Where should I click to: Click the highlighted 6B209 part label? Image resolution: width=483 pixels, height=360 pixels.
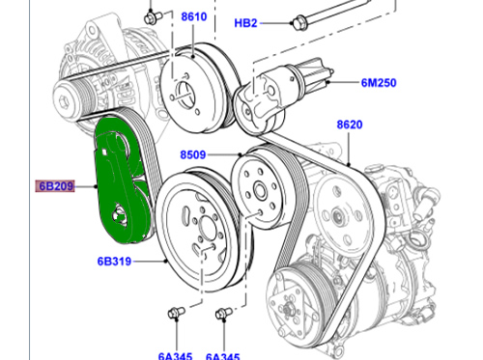[x=55, y=186]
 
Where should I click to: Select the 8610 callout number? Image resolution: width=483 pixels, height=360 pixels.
[x=193, y=16]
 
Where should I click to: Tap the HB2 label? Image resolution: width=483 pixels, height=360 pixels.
[x=245, y=23]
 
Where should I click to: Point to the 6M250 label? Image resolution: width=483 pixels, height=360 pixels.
[x=379, y=83]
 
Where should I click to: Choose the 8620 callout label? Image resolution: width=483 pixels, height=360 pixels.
[x=350, y=125]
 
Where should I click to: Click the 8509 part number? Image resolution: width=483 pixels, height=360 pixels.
[x=192, y=154]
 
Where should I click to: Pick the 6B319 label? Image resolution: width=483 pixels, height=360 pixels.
[x=114, y=262]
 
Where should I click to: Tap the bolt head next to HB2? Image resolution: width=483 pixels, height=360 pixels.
[x=298, y=22]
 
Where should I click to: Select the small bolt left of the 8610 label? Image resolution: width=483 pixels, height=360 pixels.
[x=151, y=17]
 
